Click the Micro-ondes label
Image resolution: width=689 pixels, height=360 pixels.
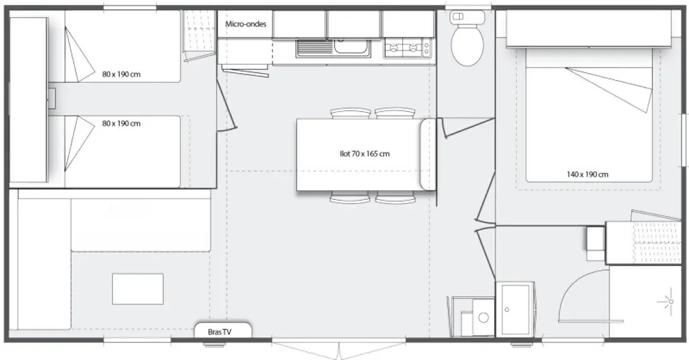(x=246, y=24)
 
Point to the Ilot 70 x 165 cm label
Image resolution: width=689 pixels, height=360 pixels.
(x=365, y=153)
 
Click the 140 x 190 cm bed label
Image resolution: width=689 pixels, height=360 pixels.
(x=588, y=174)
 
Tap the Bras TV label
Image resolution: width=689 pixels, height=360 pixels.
(x=220, y=332)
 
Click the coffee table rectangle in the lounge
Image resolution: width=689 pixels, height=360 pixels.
(x=138, y=289)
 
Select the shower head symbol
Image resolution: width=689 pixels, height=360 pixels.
(x=670, y=301)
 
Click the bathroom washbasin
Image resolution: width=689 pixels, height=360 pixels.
(x=515, y=309)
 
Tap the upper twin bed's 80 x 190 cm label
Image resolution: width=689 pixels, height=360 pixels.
(x=122, y=75)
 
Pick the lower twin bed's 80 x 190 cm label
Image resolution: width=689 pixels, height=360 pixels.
(x=122, y=123)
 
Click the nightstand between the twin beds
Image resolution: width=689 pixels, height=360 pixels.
(x=51, y=98)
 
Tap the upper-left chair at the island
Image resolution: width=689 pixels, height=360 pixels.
(x=351, y=113)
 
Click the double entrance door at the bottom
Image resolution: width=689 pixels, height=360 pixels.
(x=339, y=349)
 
